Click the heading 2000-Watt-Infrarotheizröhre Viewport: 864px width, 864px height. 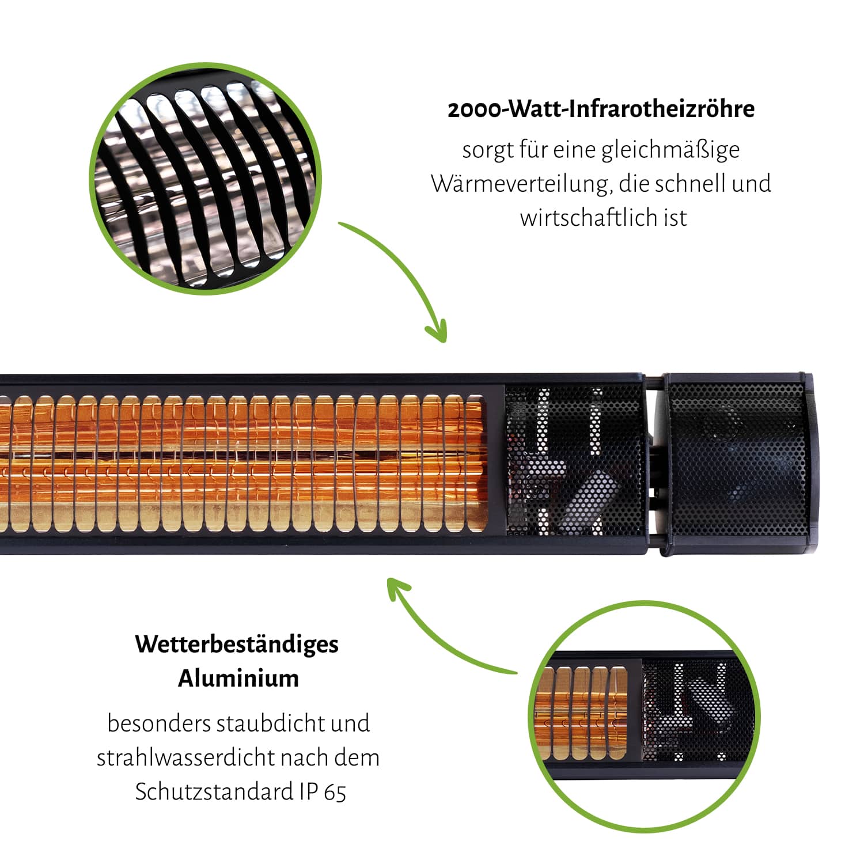tap(601, 109)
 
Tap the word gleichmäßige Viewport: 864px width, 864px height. tap(670, 151)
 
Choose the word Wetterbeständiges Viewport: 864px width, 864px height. tap(237, 645)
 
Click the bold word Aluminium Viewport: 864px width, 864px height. tap(238, 679)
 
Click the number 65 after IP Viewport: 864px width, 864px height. tap(335, 793)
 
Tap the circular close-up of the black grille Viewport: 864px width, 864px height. tap(205, 179)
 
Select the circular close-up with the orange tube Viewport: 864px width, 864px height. tap(644, 717)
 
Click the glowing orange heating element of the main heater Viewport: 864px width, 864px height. tap(242, 464)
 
